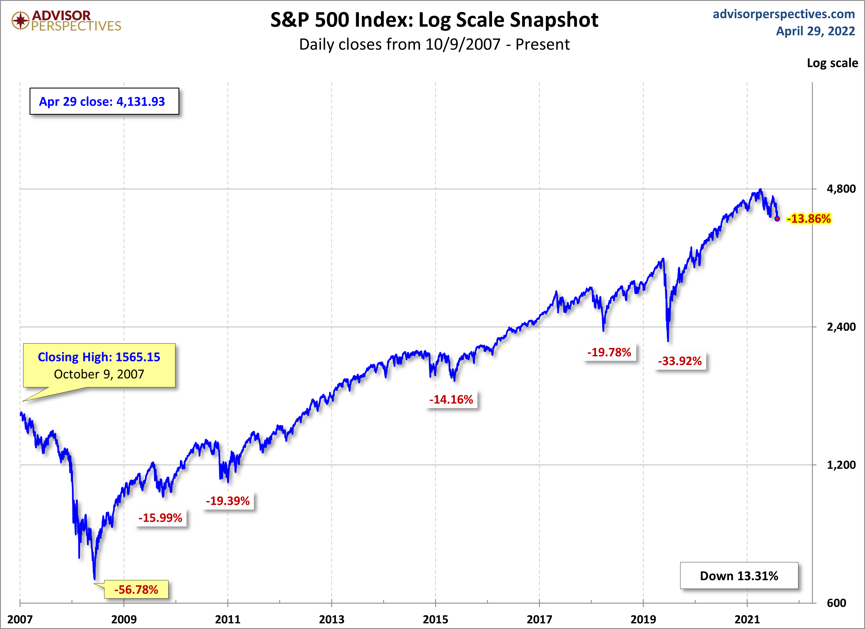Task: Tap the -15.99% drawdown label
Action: point(161,518)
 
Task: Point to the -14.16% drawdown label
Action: point(451,400)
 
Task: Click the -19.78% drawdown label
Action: point(609,352)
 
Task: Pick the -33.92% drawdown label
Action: point(680,361)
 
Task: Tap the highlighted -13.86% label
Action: point(809,219)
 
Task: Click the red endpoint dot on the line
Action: point(777,219)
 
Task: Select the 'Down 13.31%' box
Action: point(739,576)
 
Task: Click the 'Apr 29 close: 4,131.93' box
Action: point(104,101)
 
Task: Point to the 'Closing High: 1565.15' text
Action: point(99,357)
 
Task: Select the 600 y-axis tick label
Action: point(836,603)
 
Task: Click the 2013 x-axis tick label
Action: point(332,619)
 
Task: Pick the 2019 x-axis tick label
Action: point(643,619)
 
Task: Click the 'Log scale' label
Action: point(832,63)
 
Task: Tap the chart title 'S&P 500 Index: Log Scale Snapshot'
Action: point(434,20)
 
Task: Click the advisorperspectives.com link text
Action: point(784,14)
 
